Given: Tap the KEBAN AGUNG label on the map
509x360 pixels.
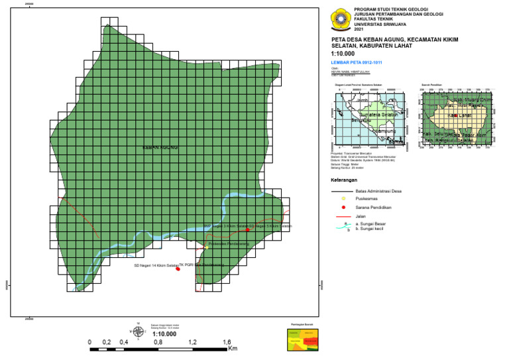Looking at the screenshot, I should (160, 147).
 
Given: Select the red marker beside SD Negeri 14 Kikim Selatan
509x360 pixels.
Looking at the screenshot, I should (178, 269).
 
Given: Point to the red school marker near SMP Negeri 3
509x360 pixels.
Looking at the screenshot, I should (248, 230).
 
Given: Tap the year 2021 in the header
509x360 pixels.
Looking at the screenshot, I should (359, 30).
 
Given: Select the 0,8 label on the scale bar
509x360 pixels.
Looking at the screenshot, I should (158, 343).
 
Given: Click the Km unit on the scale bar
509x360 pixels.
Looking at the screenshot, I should (233, 347).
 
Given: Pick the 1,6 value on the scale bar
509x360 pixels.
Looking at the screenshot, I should (227, 343).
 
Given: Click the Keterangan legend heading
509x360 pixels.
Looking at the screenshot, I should (344, 180).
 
